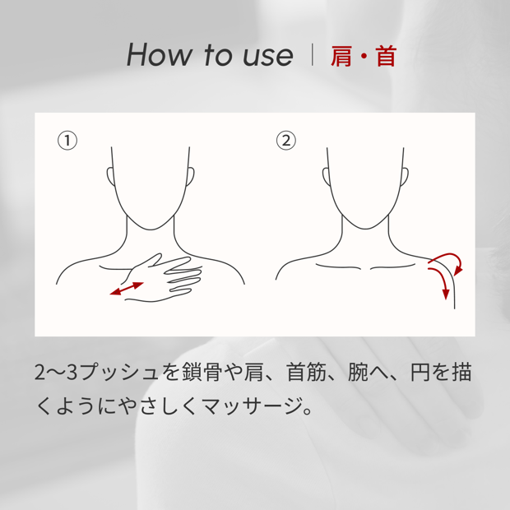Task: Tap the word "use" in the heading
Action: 267,56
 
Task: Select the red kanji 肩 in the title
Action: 341,56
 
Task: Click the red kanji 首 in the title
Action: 386,56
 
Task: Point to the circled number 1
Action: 67,141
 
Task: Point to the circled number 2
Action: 286,141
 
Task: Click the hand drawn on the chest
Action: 163,278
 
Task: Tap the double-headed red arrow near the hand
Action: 127,289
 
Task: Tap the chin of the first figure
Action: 151,229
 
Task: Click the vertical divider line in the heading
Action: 313,54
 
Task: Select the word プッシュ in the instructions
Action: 118,373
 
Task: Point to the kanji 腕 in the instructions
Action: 358,372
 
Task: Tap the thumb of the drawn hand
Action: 152,259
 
